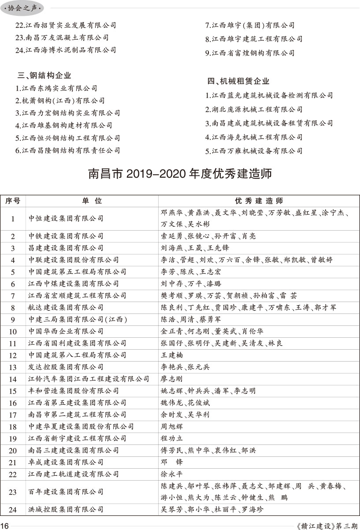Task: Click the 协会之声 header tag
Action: coord(22,8)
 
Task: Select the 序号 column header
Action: coord(13,201)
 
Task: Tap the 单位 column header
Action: coord(92,201)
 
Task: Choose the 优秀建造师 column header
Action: coord(259,201)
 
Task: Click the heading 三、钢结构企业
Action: coord(44,75)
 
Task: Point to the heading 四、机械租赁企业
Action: coord(238,81)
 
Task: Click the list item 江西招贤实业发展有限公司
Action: coord(66,26)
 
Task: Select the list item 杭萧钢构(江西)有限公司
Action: coord(60,101)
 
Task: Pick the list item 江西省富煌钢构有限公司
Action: coord(250,53)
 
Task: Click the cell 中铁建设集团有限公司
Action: coord(66,236)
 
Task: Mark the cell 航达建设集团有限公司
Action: coord(66,308)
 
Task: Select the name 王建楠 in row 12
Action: coord(172,355)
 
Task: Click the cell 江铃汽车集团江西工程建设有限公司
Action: coord(89,379)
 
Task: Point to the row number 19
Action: coord(13,439)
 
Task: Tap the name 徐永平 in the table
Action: coord(172,474)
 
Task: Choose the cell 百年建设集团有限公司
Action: coord(66,492)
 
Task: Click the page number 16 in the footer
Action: coord(5,526)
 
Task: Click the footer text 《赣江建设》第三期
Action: coord(328,526)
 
